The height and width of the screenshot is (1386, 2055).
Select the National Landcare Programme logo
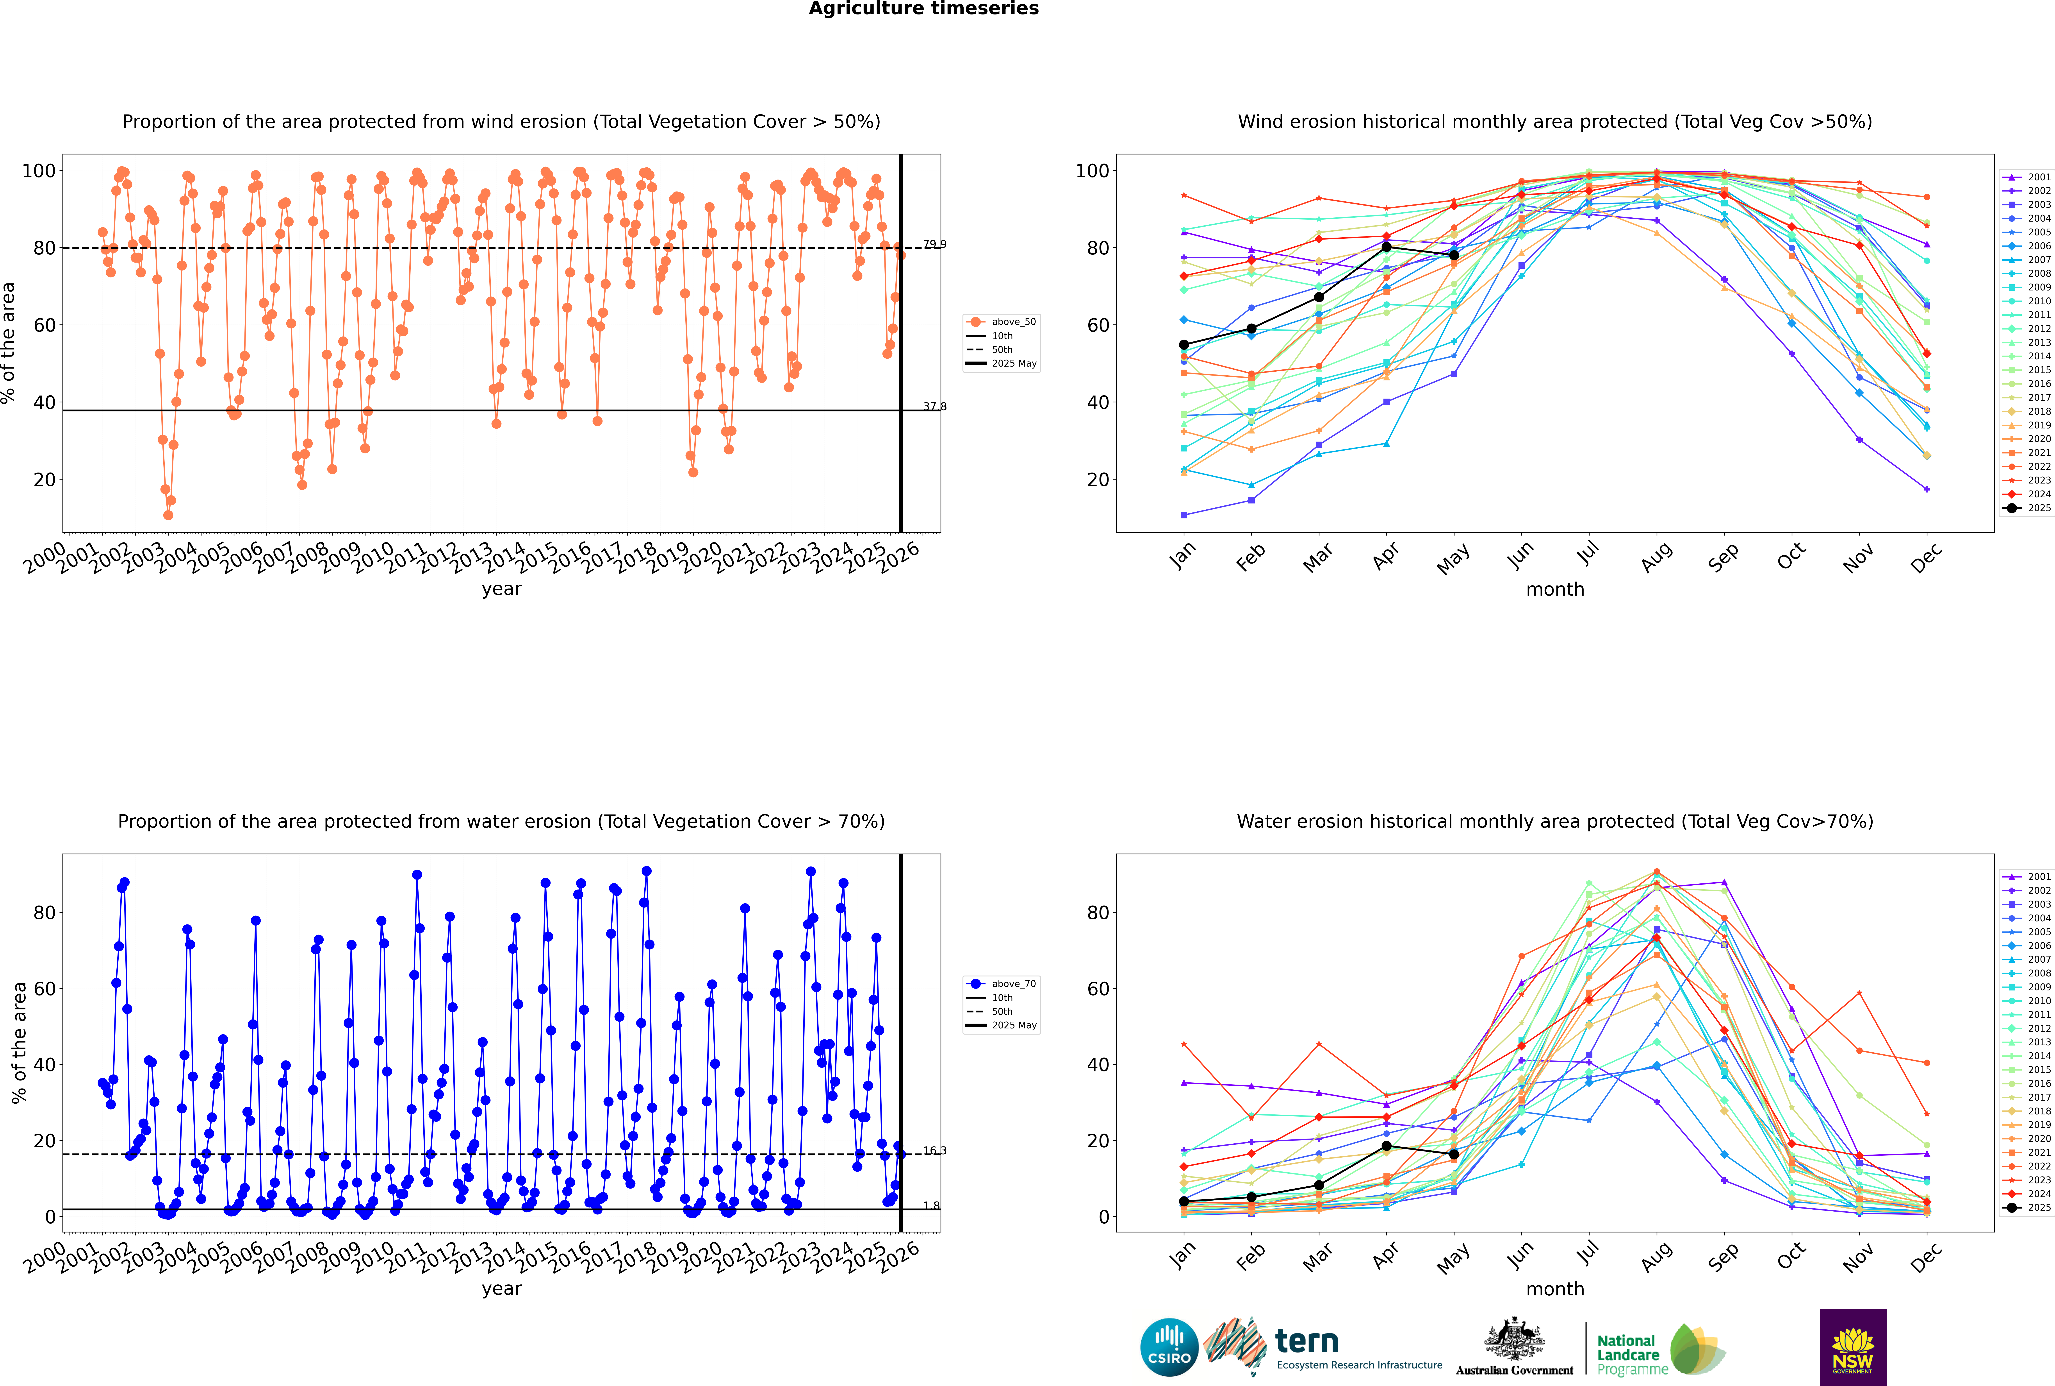coord(1658,1350)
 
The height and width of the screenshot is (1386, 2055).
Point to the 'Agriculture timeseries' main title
coord(923,9)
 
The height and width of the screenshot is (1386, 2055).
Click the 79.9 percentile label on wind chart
coord(934,244)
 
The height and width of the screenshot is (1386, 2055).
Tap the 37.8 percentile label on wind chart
coord(934,406)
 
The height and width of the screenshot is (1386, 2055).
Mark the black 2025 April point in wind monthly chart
coord(1386,247)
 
